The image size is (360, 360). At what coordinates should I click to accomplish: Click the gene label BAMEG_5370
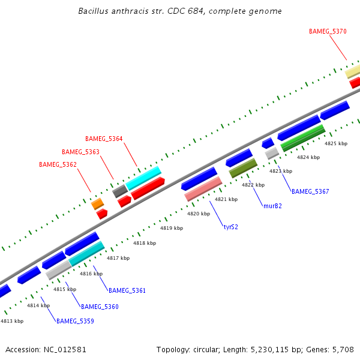pos(328,31)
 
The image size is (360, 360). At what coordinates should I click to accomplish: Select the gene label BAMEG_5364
pos(104,139)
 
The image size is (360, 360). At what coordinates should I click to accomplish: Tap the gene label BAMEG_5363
pos(80,152)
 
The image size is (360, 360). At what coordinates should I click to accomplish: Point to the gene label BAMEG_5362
pos(58,164)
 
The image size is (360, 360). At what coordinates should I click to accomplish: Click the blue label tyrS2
pos(231,227)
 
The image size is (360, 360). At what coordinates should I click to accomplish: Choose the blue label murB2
pos(272,206)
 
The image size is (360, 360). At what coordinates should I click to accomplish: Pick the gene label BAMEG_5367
pos(310,192)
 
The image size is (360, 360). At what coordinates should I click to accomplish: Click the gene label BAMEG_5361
pos(127,290)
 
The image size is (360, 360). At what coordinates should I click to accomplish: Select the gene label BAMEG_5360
pos(100,307)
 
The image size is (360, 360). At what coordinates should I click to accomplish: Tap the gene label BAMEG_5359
pos(75,321)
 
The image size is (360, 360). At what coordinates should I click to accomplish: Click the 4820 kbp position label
pos(199,214)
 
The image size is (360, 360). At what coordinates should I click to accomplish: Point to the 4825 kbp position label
pos(336,143)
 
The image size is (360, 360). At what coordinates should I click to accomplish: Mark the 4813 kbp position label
pos(12,321)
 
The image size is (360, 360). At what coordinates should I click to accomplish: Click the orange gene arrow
pos(97,204)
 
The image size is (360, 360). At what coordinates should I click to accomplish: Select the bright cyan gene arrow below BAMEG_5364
pos(144,178)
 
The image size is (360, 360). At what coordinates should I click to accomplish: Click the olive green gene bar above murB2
pos(243,168)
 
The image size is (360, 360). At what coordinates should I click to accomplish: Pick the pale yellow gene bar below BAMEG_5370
pos(353,71)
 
